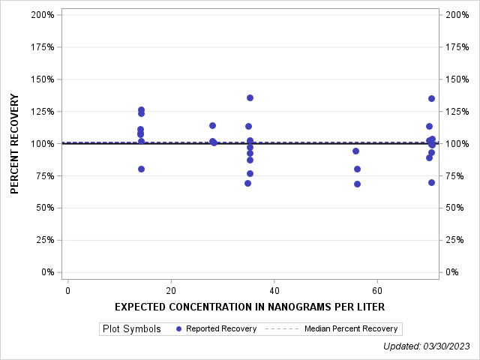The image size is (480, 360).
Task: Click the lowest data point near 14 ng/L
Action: [141, 169]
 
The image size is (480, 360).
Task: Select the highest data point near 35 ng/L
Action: [250, 97]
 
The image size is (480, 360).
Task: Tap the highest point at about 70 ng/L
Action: [431, 98]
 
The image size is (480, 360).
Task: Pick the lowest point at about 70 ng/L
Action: [431, 182]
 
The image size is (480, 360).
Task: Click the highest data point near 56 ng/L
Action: [355, 151]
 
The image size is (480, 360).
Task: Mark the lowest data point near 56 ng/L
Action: [357, 184]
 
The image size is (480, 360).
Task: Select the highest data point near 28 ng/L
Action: [212, 125]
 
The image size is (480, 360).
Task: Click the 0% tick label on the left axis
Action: [46, 272]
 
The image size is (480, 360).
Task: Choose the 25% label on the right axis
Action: [454, 240]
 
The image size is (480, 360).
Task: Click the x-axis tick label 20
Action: [171, 290]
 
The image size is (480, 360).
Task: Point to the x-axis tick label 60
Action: [377, 290]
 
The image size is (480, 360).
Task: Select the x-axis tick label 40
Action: [274, 290]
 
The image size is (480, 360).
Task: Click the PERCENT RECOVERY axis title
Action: [15, 143]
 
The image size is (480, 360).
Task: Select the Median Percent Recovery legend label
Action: [350, 328]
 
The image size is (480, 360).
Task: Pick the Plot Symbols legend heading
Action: [131, 328]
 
